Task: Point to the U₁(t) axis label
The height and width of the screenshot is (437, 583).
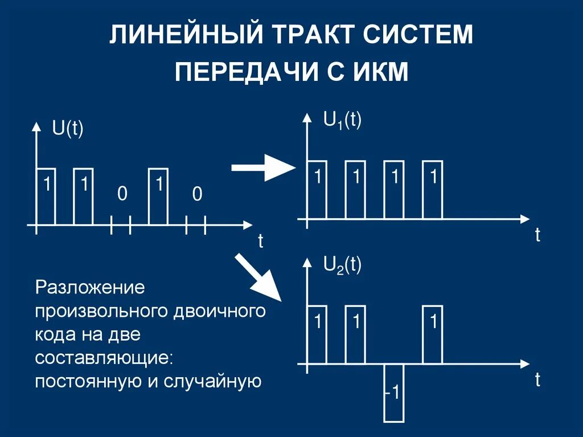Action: click(342, 121)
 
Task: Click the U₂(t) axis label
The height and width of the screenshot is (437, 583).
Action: click(342, 265)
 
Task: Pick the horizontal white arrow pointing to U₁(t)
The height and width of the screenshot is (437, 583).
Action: click(262, 168)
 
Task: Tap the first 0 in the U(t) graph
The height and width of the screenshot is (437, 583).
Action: click(121, 195)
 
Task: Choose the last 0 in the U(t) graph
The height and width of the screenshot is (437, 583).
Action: click(196, 195)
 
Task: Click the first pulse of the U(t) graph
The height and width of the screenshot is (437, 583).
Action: click(46, 197)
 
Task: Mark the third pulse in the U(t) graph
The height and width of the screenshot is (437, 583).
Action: click(159, 197)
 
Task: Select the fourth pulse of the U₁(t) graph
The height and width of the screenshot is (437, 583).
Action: click(433, 190)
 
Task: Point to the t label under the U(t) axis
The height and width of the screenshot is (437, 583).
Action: click(261, 241)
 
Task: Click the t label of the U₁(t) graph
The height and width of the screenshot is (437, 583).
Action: click(537, 235)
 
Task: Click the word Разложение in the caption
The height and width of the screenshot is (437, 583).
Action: click(91, 287)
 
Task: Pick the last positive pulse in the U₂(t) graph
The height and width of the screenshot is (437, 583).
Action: click(433, 334)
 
